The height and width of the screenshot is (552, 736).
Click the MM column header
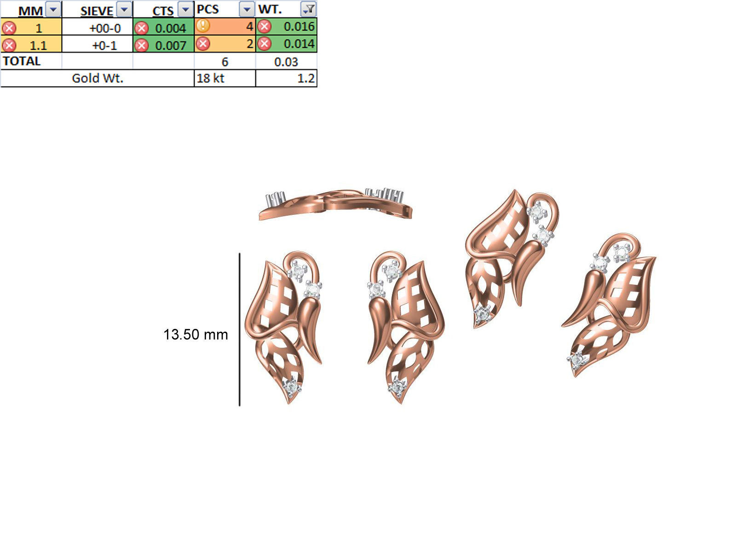30,10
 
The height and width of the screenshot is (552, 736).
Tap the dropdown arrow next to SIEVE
124,9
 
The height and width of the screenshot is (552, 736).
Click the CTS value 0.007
170,45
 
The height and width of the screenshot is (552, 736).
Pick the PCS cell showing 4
225,27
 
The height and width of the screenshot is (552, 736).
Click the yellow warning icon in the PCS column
202,26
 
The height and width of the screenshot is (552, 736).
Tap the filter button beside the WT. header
308,9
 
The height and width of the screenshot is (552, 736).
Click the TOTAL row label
22,61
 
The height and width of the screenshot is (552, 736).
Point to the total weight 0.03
286,62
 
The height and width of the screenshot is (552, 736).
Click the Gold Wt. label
98,78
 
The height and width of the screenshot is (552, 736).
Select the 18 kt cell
224,78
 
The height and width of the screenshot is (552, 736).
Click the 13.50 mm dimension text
195,334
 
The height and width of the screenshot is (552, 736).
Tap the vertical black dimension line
240,329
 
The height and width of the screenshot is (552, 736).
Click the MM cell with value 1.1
38,45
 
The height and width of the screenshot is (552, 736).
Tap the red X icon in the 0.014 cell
264,44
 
